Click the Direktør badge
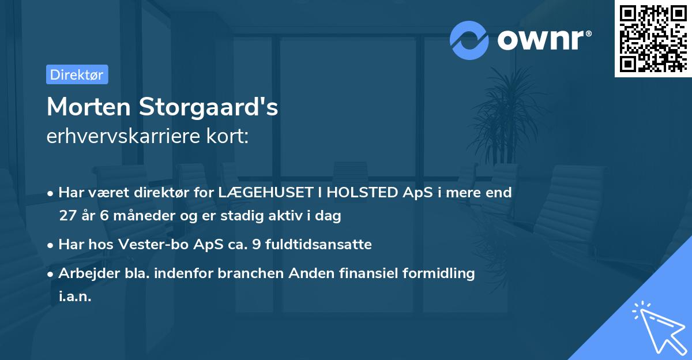(x=77, y=74)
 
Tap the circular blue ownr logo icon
(x=469, y=40)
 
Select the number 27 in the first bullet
(x=67, y=216)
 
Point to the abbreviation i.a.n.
(x=75, y=297)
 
